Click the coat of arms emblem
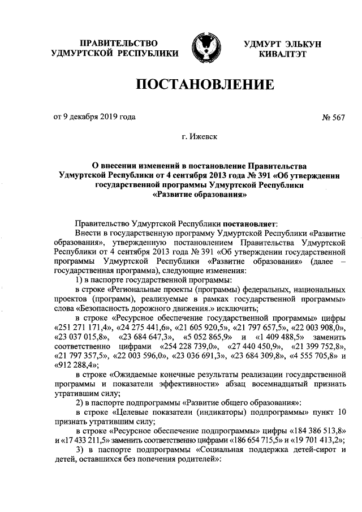(x=204, y=48)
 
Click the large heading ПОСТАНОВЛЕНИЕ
(x=204, y=85)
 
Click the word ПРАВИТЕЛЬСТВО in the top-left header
(x=118, y=43)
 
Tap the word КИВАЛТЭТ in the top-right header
(x=282, y=54)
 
